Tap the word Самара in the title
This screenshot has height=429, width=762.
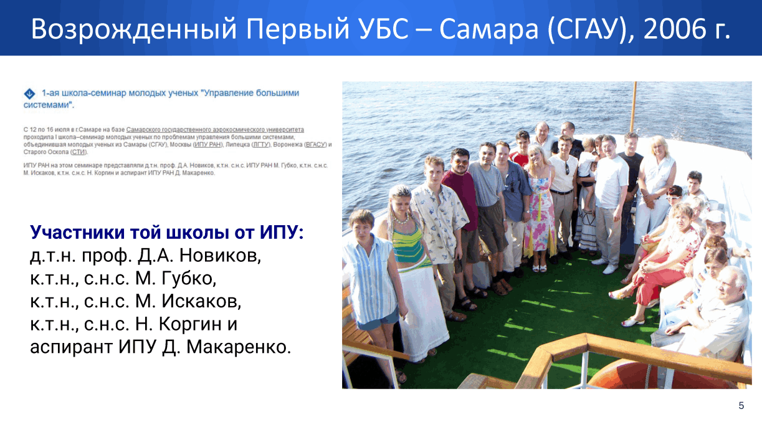click(x=489, y=29)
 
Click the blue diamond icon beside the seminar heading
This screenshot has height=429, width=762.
click(x=29, y=94)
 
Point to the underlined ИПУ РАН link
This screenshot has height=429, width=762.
click(x=207, y=145)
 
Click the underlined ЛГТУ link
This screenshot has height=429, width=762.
click(x=260, y=145)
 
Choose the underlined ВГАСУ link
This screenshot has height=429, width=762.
click(x=315, y=145)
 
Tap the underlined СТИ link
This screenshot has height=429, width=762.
click(x=79, y=152)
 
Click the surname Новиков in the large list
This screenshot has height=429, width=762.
click(x=220, y=256)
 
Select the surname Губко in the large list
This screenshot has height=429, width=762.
click(x=189, y=279)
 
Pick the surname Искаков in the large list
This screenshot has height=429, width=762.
click(x=201, y=301)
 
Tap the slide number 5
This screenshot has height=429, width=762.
click(x=741, y=405)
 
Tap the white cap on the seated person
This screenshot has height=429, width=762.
click(x=715, y=216)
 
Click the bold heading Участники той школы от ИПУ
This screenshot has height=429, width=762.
click(x=167, y=232)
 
